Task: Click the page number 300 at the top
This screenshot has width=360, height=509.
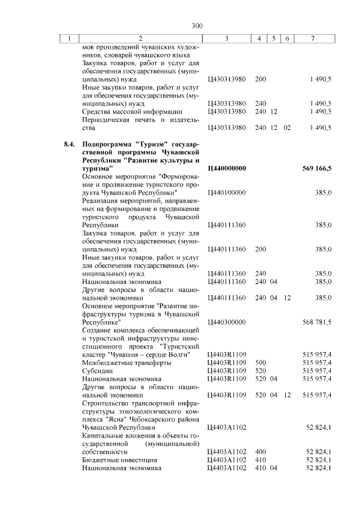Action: point(196,25)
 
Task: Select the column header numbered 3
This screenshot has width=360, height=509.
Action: point(226,38)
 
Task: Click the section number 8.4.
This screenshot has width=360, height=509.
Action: point(69,144)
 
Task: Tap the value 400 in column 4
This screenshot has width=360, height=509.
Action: point(260,452)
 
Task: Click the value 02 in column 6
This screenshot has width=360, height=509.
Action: point(287,128)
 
